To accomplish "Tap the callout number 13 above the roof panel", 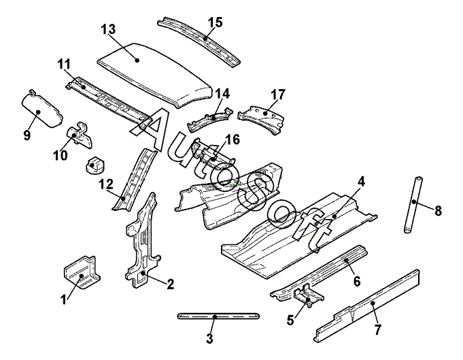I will pyautogui.click(x=108, y=29).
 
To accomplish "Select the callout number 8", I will pyautogui.click(x=438, y=211).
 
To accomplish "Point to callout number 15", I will pyautogui.click(x=215, y=22).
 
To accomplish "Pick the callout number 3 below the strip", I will pyautogui.click(x=209, y=338).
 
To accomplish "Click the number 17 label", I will pyautogui.click(x=277, y=94).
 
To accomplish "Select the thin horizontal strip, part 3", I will pyautogui.click(x=218, y=316).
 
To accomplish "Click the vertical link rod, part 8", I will pyautogui.click(x=412, y=204).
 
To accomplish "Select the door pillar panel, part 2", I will pyautogui.click(x=144, y=238).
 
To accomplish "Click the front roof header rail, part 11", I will pyautogui.click(x=109, y=99).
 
